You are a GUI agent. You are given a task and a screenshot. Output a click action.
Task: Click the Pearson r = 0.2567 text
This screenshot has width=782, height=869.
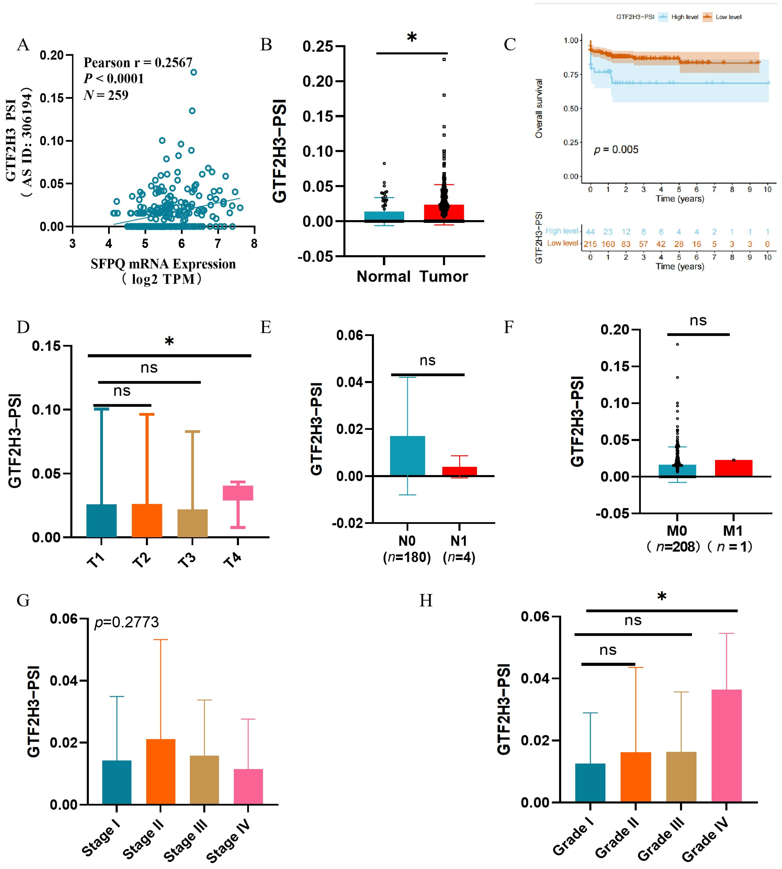pyautogui.click(x=138, y=63)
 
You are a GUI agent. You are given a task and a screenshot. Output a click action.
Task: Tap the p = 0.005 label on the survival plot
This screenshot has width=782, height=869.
pyautogui.click(x=616, y=150)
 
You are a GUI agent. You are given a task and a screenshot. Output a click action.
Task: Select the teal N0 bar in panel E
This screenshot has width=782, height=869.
pyautogui.click(x=407, y=456)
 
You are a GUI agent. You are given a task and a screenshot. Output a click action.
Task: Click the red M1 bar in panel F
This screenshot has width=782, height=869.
pyautogui.click(x=733, y=468)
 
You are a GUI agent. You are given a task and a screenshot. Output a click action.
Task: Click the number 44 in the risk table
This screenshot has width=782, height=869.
pyautogui.click(x=590, y=232)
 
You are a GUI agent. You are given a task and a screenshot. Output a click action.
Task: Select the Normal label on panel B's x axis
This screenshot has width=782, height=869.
pyautogui.click(x=384, y=277)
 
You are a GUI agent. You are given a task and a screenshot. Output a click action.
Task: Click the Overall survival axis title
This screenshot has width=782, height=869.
pyautogui.click(x=539, y=108)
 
